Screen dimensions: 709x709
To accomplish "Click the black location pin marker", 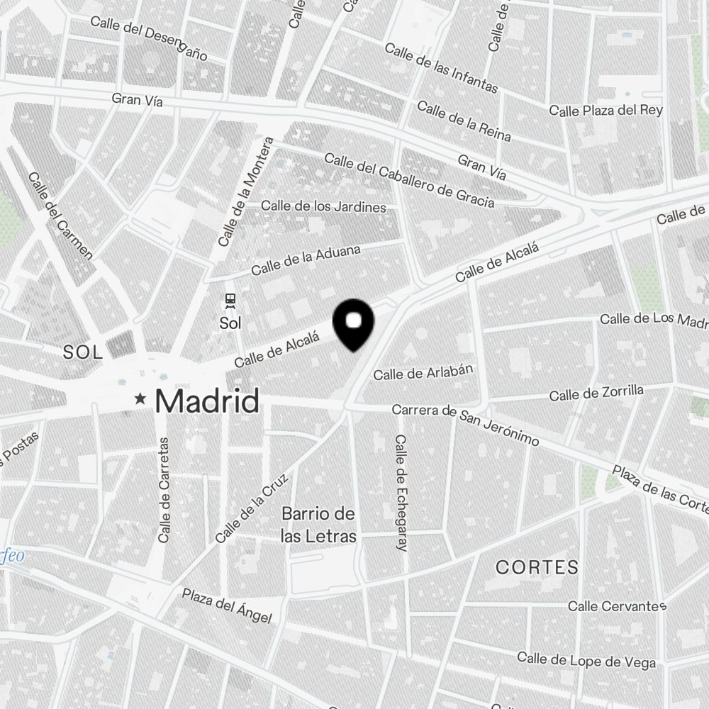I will (x=353, y=323).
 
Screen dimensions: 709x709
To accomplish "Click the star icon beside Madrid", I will (x=142, y=401).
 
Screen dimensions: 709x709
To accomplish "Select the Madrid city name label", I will (x=206, y=401).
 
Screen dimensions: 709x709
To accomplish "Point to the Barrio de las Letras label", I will (x=318, y=525).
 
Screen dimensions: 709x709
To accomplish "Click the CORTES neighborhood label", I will (x=537, y=567).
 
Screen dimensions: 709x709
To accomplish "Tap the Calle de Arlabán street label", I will (x=423, y=372).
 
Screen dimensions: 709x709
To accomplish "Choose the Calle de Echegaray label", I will (x=401, y=493).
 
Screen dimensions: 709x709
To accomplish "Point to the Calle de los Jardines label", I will (x=324, y=207).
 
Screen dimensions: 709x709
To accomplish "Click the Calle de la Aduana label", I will (x=306, y=260).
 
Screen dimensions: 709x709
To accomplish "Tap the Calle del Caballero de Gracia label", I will (x=409, y=182).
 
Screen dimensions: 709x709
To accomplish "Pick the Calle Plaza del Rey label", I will (x=606, y=111).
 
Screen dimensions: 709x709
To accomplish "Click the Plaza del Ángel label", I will (x=226, y=606).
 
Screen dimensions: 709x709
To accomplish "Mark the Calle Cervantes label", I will (x=617, y=607).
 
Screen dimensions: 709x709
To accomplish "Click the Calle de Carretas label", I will (x=164, y=490).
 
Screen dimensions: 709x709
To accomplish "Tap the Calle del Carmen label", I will (x=60, y=216).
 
